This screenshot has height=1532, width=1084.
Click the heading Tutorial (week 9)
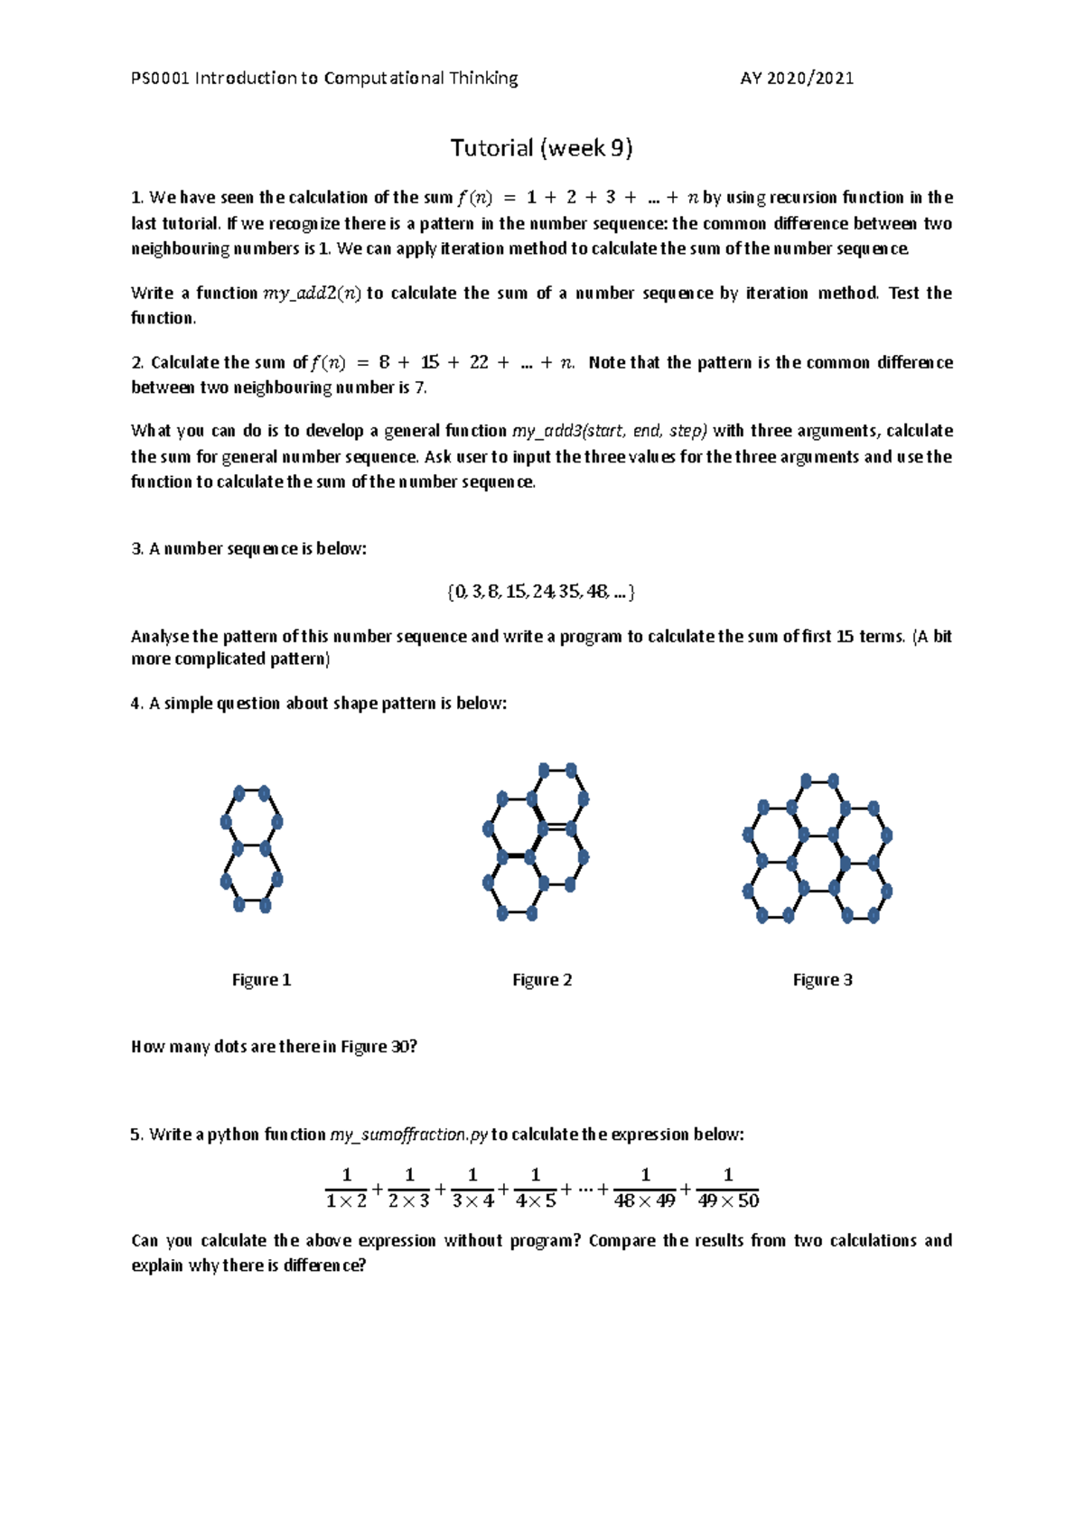click(x=541, y=148)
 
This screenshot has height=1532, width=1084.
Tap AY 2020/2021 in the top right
click(x=797, y=79)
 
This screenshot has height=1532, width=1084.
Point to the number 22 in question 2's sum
click(x=479, y=362)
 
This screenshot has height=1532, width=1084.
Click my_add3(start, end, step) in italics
click(x=610, y=431)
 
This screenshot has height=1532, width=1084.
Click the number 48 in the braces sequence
click(x=596, y=593)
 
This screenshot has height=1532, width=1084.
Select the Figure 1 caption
click(x=261, y=980)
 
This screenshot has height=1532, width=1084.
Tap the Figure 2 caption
click(x=542, y=980)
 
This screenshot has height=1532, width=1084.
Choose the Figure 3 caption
click(x=822, y=980)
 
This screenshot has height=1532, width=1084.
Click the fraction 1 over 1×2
click(x=346, y=1188)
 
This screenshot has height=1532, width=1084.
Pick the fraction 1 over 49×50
click(x=728, y=1188)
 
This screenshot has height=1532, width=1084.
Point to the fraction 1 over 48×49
click(x=645, y=1188)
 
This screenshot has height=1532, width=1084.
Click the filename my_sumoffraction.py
click(x=409, y=1135)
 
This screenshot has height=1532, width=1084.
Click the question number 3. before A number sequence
click(x=136, y=549)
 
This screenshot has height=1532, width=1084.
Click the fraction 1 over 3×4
click(x=472, y=1188)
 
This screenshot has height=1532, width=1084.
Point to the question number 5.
click(x=136, y=1135)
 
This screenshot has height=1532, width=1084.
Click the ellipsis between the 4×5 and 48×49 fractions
click(x=584, y=1189)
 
